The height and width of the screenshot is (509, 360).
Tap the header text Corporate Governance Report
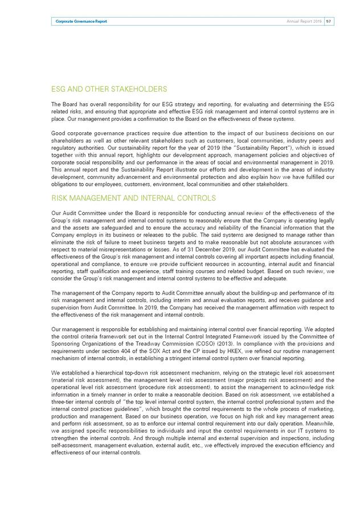point(81,21)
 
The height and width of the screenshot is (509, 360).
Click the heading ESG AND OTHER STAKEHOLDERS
point(109,89)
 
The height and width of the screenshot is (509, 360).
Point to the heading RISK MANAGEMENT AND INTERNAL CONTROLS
point(134,198)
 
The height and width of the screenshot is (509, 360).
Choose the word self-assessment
point(70,451)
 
